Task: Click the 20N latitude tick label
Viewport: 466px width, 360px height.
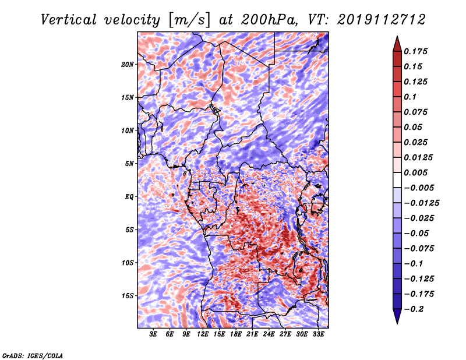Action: click(x=128, y=64)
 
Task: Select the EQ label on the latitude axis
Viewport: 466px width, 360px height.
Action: click(x=129, y=197)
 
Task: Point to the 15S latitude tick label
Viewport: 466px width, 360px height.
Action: click(x=128, y=296)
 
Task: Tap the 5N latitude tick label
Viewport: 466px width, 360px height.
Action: click(x=129, y=164)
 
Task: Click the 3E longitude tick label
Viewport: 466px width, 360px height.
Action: click(x=153, y=334)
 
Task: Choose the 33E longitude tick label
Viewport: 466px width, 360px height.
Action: click(x=318, y=334)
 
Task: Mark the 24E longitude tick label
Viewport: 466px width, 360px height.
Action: click(x=269, y=334)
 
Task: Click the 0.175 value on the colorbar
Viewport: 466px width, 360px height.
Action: click(x=416, y=51)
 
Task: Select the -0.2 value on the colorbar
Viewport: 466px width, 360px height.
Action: click(x=414, y=309)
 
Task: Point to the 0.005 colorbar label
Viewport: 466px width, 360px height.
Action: click(x=416, y=172)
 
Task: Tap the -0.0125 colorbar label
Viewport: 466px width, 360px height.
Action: click(x=421, y=203)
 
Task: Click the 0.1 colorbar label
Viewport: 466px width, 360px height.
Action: click(x=410, y=97)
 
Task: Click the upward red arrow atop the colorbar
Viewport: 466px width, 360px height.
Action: click(x=397, y=44)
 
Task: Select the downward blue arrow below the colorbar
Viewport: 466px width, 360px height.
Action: click(x=397, y=316)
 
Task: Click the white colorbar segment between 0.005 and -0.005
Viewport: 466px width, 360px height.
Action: click(x=397, y=180)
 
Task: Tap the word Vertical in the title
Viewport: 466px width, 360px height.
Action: click(x=69, y=20)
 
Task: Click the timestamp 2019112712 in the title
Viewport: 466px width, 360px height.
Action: click(x=382, y=20)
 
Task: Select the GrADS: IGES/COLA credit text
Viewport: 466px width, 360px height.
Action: click(x=33, y=355)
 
